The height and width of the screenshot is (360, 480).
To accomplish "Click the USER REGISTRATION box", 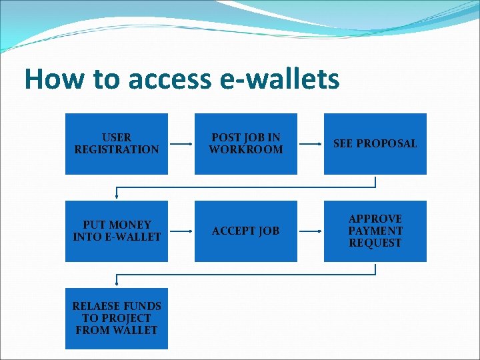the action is [117, 144].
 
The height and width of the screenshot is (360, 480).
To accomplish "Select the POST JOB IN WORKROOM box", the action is [245, 144].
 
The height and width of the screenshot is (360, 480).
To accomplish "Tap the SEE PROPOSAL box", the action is [375, 144].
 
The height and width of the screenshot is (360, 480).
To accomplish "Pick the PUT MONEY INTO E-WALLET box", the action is [117, 231].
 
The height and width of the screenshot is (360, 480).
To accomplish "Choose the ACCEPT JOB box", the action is [245, 231].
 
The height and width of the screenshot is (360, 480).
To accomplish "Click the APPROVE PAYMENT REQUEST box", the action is [375, 231].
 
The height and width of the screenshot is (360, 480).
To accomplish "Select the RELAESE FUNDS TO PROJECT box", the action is [117, 318].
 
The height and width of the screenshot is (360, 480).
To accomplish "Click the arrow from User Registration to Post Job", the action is [181, 143].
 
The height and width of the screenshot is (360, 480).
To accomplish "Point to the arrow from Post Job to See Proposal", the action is [310, 143].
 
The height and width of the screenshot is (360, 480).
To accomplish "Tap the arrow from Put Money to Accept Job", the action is [181, 231].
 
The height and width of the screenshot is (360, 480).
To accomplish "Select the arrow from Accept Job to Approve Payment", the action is [310, 231].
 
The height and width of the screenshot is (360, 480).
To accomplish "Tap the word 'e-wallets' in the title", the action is [279, 79].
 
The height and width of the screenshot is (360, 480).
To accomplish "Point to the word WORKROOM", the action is [245, 150].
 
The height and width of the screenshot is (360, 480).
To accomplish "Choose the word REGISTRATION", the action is [117, 150].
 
